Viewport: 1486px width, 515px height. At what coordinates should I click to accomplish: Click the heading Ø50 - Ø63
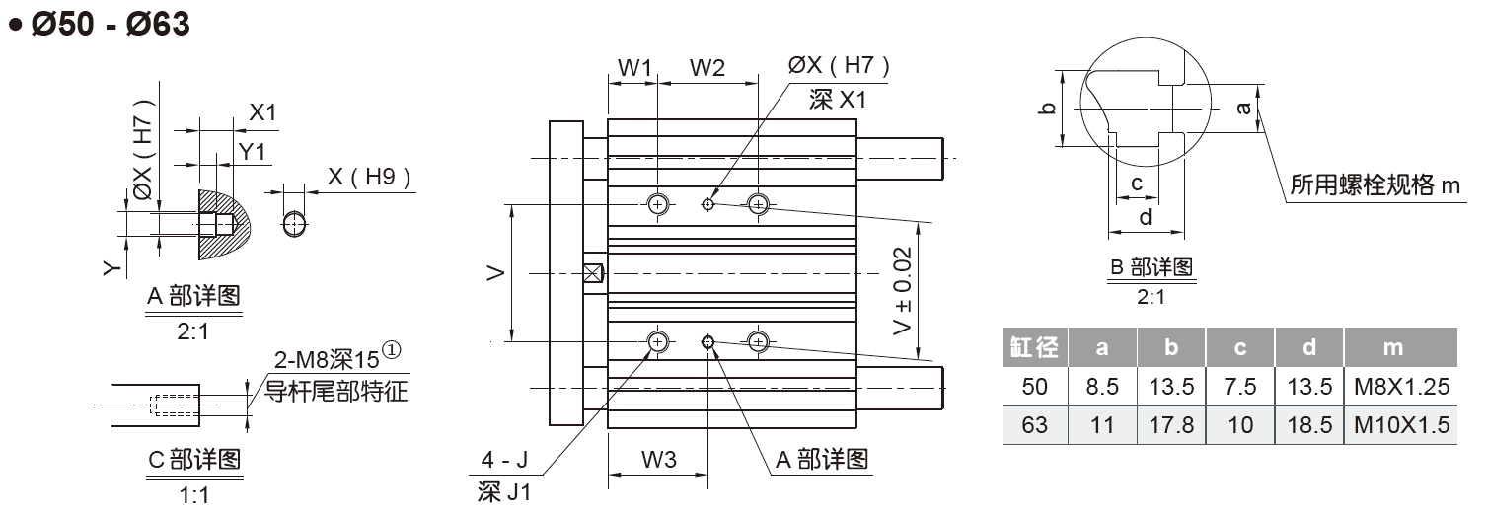tap(99, 24)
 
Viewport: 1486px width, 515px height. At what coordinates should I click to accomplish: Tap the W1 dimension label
tap(634, 68)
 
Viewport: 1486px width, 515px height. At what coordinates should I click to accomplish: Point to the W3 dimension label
tap(657, 459)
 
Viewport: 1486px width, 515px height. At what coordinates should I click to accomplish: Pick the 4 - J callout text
tap(504, 460)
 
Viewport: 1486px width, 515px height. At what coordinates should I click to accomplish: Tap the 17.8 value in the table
tap(1171, 425)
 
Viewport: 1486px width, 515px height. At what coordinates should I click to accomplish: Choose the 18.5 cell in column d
tap(1308, 425)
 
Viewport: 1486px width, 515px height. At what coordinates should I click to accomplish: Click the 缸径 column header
tap(1035, 347)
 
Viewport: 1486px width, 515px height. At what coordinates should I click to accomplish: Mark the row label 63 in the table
tap(1035, 425)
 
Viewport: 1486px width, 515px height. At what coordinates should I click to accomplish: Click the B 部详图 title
tap(1152, 267)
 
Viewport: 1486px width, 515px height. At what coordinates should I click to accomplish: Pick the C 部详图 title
tap(192, 460)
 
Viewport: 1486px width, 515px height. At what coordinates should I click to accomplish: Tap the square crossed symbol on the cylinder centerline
tap(594, 272)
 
